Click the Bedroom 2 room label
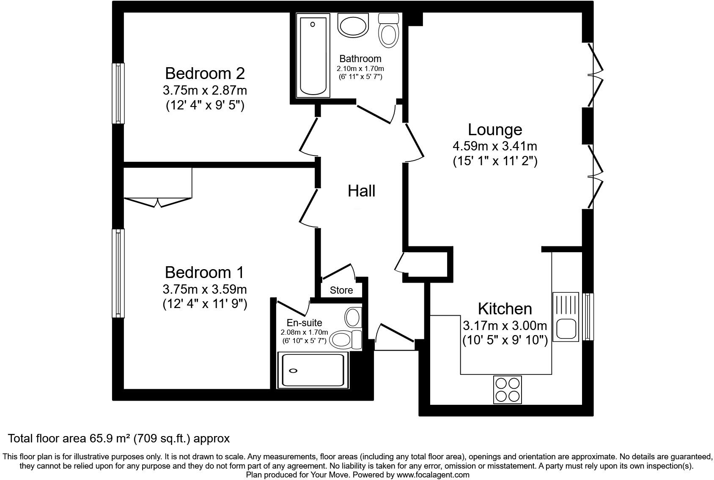[205, 74]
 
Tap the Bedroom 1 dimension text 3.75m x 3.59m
[205, 289]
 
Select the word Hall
[361, 191]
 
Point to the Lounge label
[495, 129]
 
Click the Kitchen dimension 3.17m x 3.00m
[505, 326]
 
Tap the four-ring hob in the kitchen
[507, 390]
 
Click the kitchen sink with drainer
[566, 316]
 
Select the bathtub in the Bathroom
[313, 55]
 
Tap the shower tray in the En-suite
[313, 371]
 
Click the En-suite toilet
[345, 339]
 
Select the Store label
[341, 290]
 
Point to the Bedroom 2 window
[118, 93]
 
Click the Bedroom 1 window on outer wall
[118, 273]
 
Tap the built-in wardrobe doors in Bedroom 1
[157, 202]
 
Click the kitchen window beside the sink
[588, 316]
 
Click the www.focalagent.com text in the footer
[433, 475]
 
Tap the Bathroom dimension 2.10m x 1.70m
[360, 68]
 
